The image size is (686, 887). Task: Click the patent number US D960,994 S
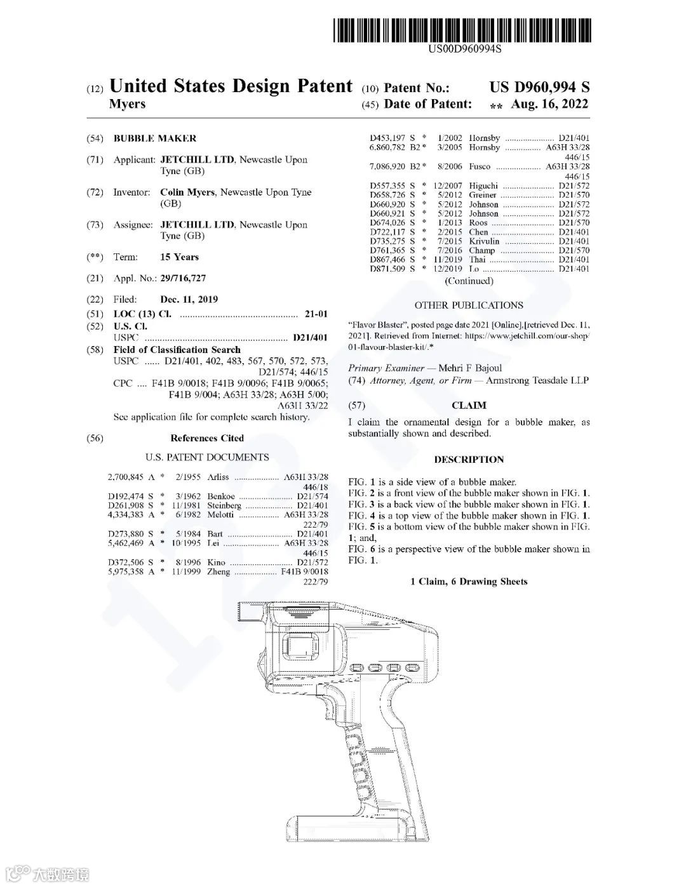539,87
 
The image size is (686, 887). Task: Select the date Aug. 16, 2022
549,104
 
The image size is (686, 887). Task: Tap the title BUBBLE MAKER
155,138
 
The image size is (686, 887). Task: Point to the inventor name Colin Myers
187,192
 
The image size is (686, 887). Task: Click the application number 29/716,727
183,278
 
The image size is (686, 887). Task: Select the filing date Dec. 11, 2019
189,299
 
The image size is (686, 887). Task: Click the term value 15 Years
179,257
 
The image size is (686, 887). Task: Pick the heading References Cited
207,438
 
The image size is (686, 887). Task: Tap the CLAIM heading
469,405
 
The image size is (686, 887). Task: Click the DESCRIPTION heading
469,460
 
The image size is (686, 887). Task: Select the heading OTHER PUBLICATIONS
469,305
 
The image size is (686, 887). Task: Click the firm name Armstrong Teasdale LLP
537,381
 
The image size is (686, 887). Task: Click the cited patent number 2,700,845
126,477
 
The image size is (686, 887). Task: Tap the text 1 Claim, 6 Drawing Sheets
469,582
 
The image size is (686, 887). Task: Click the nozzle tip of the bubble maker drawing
248,611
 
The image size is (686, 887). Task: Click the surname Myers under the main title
127,104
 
